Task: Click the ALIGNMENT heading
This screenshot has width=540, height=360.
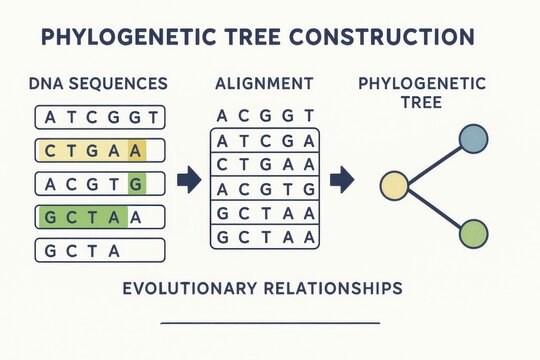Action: click(265, 84)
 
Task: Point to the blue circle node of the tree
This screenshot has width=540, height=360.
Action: click(473, 138)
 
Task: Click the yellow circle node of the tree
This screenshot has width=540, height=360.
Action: click(395, 185)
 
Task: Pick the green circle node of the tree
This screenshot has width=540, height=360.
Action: click(473, 234)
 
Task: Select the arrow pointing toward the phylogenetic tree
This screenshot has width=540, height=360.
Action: click(342, 180)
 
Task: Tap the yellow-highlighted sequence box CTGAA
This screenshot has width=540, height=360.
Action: click(100, 151)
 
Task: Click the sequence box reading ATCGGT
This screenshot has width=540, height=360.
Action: click(100, 118)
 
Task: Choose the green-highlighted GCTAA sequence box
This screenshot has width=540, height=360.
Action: click(100, 217)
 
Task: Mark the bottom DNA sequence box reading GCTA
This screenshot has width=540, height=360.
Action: click(100, 250)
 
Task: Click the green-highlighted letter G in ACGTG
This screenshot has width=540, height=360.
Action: click(137, 184)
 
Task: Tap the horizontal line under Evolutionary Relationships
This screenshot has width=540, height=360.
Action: click(270, 323)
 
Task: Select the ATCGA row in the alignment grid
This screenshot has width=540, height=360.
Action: click(265, 140)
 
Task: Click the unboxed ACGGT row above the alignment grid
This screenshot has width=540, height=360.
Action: click(265, 115)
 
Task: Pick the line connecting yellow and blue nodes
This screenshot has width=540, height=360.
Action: click(432, 162)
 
